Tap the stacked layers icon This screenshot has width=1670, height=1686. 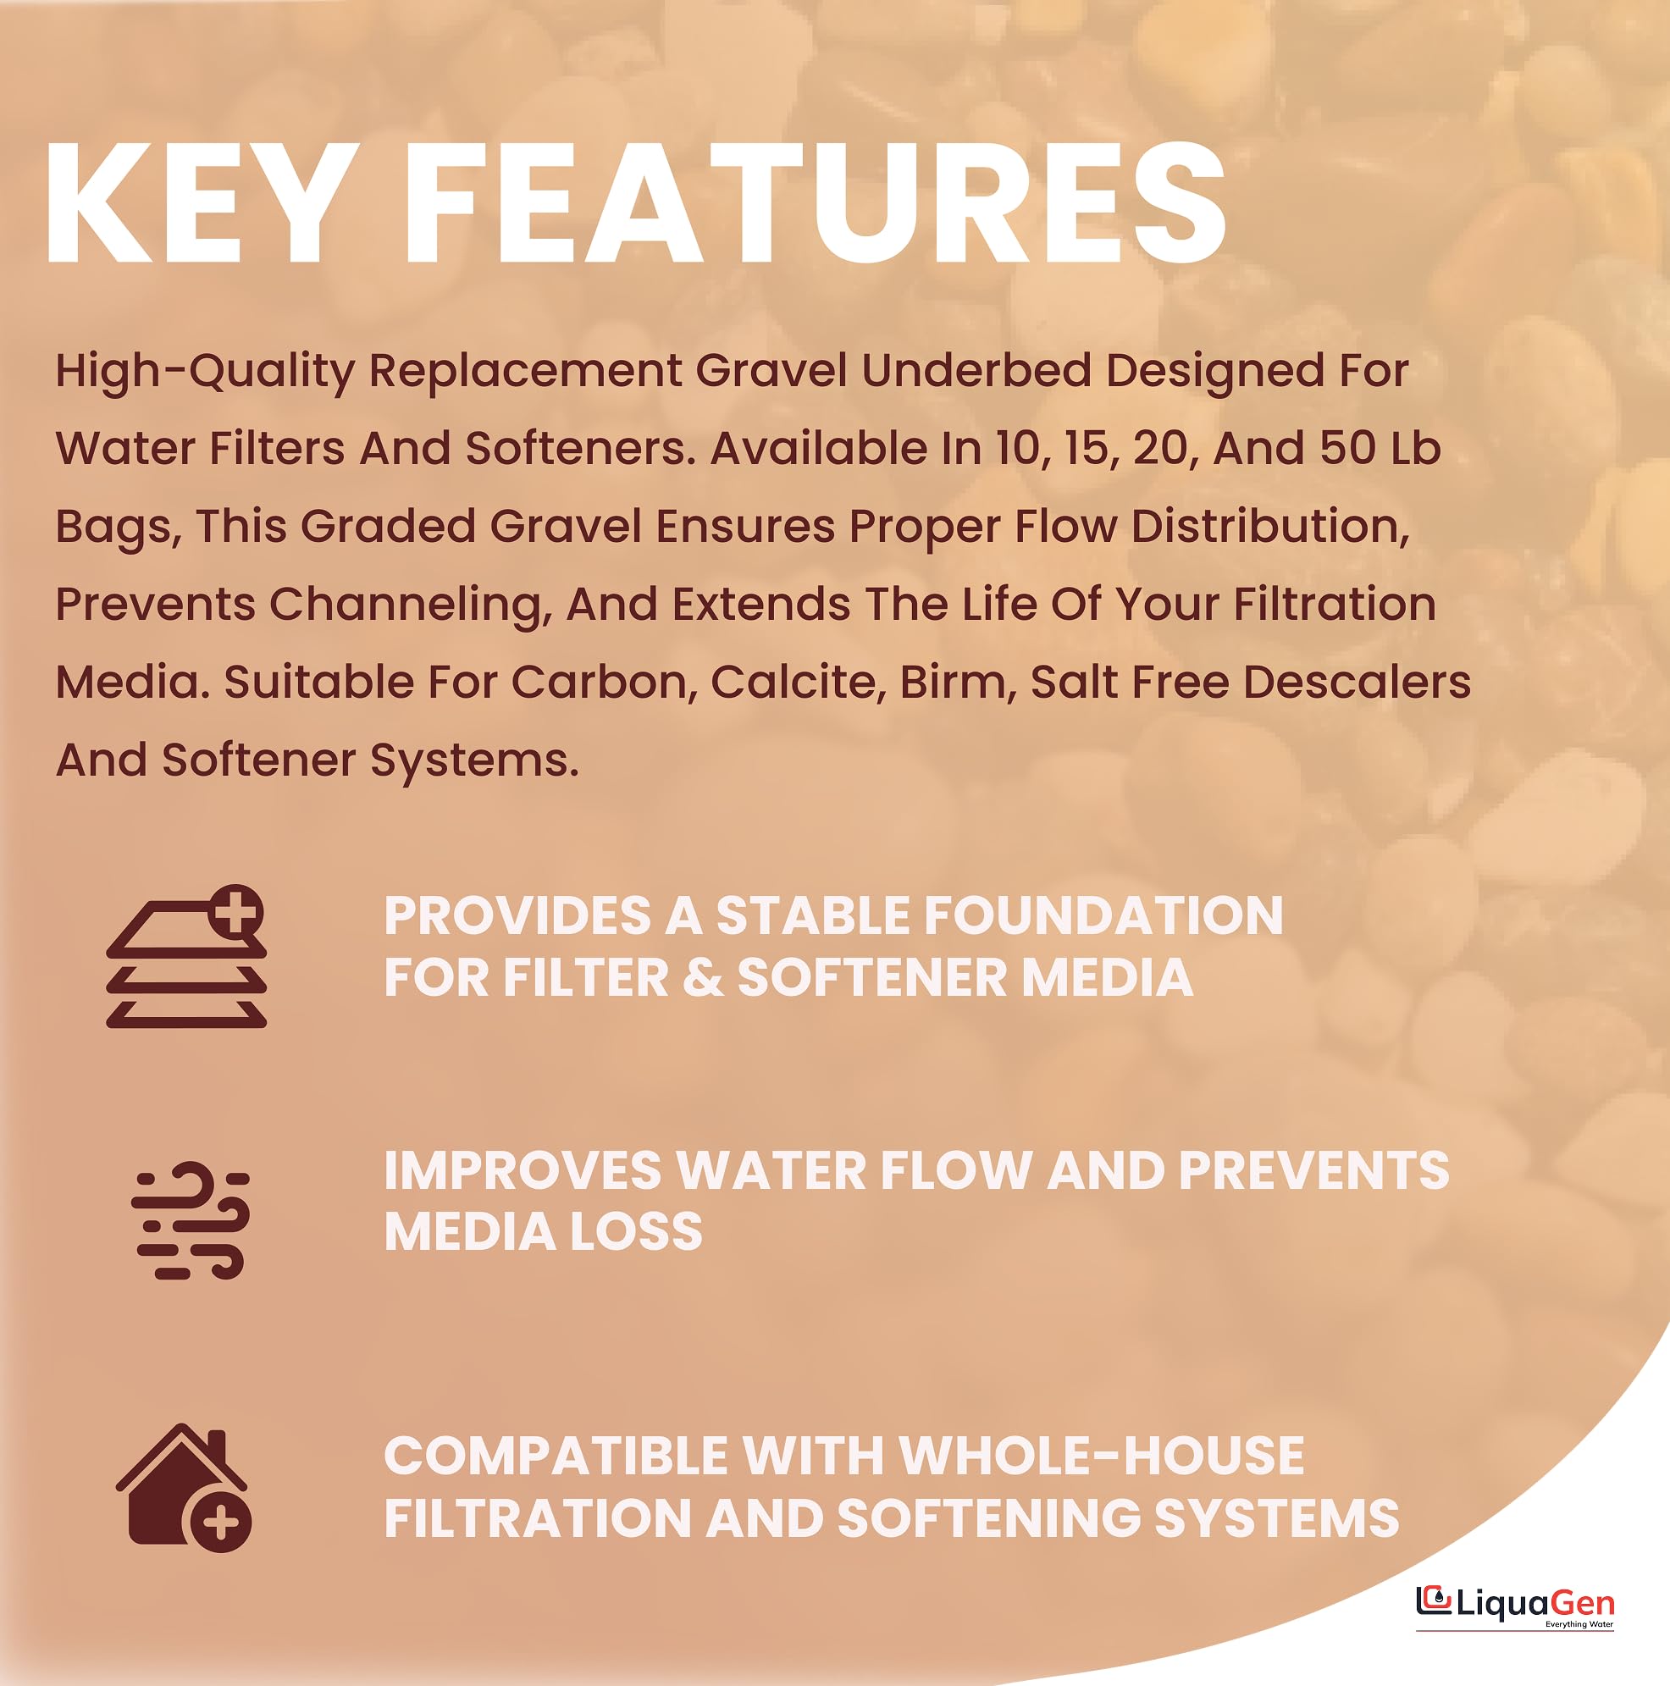pyautogui.click(x=185, y=956)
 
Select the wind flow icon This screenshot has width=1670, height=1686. pyautogui.click(x=191, y=1221)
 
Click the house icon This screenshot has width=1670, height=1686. pyautogui.click(x=184, y=1488)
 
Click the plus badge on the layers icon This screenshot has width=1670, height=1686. pyautogui.click(x=235, y=913)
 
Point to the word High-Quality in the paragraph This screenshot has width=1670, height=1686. pyautogui.click(x=205, y=372)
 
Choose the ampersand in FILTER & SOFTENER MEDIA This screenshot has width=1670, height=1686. pyautogui.click(x=703, y=977)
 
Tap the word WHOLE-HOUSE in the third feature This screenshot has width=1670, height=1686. pyautogui.click(x=1101, y=1456)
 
